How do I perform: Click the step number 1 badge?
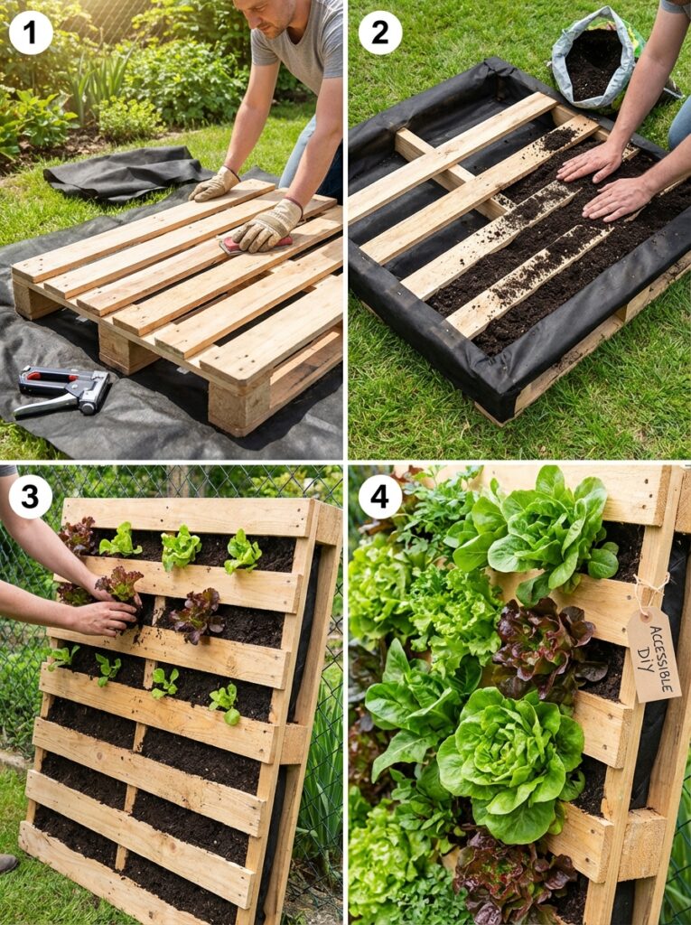pyautogui.click(x=31, y=33)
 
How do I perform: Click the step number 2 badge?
pyautogui.click(x=380, y=33)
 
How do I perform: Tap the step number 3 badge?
pyautogui.click(x=31, y=497)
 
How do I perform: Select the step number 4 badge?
pyautogui.click(x=380, y=497)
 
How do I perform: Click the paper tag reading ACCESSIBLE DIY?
pyautogui.click(x=653, y=654)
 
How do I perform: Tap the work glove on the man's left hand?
pyautogui.click(x=213, y=183)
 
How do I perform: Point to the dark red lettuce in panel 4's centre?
pyautogui.click(x=542, y=650)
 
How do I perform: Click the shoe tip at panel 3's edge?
pyautogui.click(x=7, y=863)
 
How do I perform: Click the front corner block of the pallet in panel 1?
pyautogui.click(x=237, y=406)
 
